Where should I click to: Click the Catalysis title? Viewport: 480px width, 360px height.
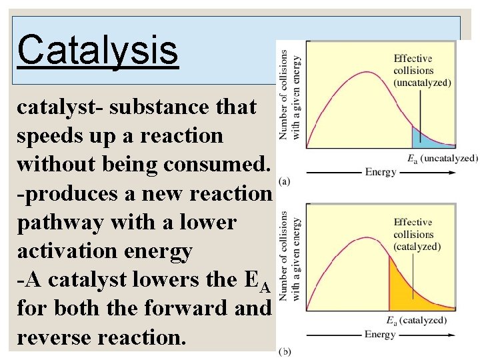tap(98, 50)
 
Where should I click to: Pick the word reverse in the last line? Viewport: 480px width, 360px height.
tap(53, 337)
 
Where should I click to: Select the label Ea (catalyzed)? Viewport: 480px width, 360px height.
tap(417, 321)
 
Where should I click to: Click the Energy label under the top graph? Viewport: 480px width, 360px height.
tap(381, 172)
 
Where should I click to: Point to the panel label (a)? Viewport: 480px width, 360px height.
tap(285, 181)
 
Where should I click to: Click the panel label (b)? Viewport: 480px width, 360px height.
tap(285, 351)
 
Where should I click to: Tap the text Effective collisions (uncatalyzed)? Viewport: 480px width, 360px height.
tap(422, 71)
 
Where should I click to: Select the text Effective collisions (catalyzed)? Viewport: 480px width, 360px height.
tap(417, 234)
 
